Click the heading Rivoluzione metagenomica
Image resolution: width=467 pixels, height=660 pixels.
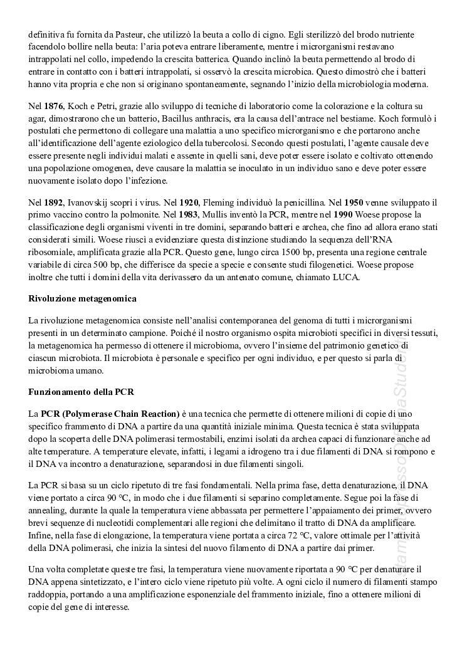pyautogui.click(x=83, y=298)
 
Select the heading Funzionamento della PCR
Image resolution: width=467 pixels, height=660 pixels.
pyautogui.click(x=81, y=392)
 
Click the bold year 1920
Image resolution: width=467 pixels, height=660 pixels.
pyautogui.click(x=189, y=202)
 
